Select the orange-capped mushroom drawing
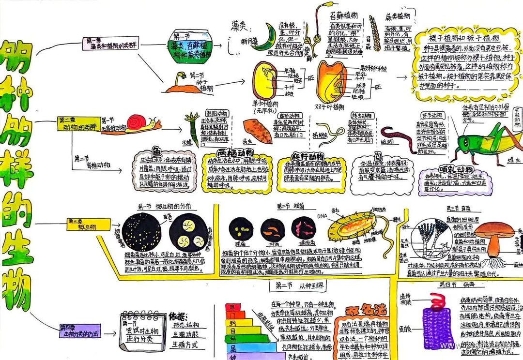coord(493,237)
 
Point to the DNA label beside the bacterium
coord(322,216)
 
